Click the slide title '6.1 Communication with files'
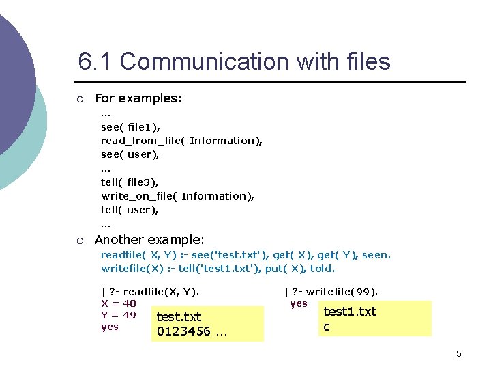click(234, 62)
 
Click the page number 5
click(459, 353)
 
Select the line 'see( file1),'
click(130, 126)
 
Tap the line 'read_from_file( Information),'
click(181, 140)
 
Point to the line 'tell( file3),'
click(130, 182)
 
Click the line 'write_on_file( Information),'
click(177, 195)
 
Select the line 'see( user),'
click(130, 154)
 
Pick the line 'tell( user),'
click(130, 210)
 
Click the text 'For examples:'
click(138, 98)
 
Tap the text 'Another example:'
click(149, 240)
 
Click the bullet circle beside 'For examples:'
click(80, 100)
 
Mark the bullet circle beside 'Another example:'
click(80, 241)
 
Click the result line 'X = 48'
click(119, 303)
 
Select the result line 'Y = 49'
click(119, 315)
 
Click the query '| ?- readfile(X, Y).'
click(150, 292)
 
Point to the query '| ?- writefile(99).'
click(331, 292)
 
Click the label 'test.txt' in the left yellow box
click(179, 317)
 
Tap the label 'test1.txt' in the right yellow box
click(350, 312)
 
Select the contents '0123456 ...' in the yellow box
click(192, 332)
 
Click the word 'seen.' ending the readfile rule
click(376, 255)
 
